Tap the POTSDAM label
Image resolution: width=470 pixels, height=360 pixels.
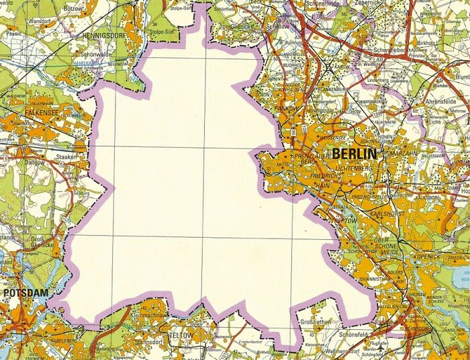tap(25, 294)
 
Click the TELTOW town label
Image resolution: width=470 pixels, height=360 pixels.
tap(181, 334)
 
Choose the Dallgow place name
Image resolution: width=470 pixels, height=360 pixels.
tap(36, 162)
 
